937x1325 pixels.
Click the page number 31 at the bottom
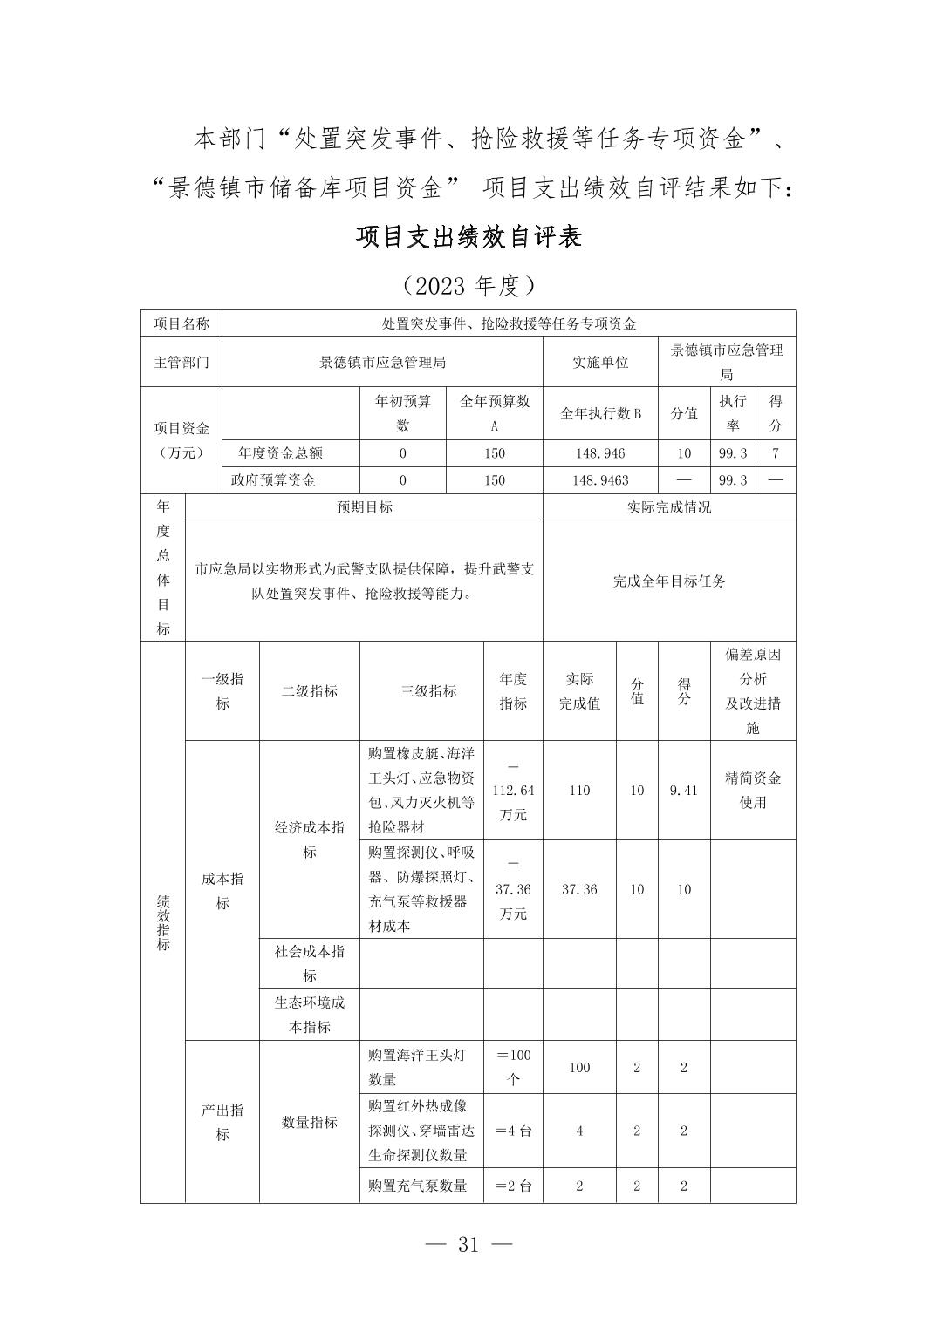tap(468, 1244)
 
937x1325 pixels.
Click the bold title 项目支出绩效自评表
tap(468, 237)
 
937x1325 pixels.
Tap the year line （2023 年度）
tap(468, 285)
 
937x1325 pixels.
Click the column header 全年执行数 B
tap(599, 413)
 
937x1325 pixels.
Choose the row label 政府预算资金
tap(273, 480)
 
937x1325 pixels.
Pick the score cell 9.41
tap(683, 791)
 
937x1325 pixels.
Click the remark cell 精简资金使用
tap(752, 790)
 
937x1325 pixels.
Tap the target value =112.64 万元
tap(513, 791)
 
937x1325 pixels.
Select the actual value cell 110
tap(579, 791)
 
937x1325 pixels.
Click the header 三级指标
tap(428, 691)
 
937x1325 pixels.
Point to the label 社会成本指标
tap(310, 963)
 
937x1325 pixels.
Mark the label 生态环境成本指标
tap(310, 1015)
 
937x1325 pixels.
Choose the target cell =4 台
tap(513, 1131)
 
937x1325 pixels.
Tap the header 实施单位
tap(599, 362)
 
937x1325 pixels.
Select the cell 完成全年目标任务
tap(669, 581)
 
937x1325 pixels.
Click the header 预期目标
tap(365, 507)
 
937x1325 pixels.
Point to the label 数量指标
tap(310, 1122)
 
